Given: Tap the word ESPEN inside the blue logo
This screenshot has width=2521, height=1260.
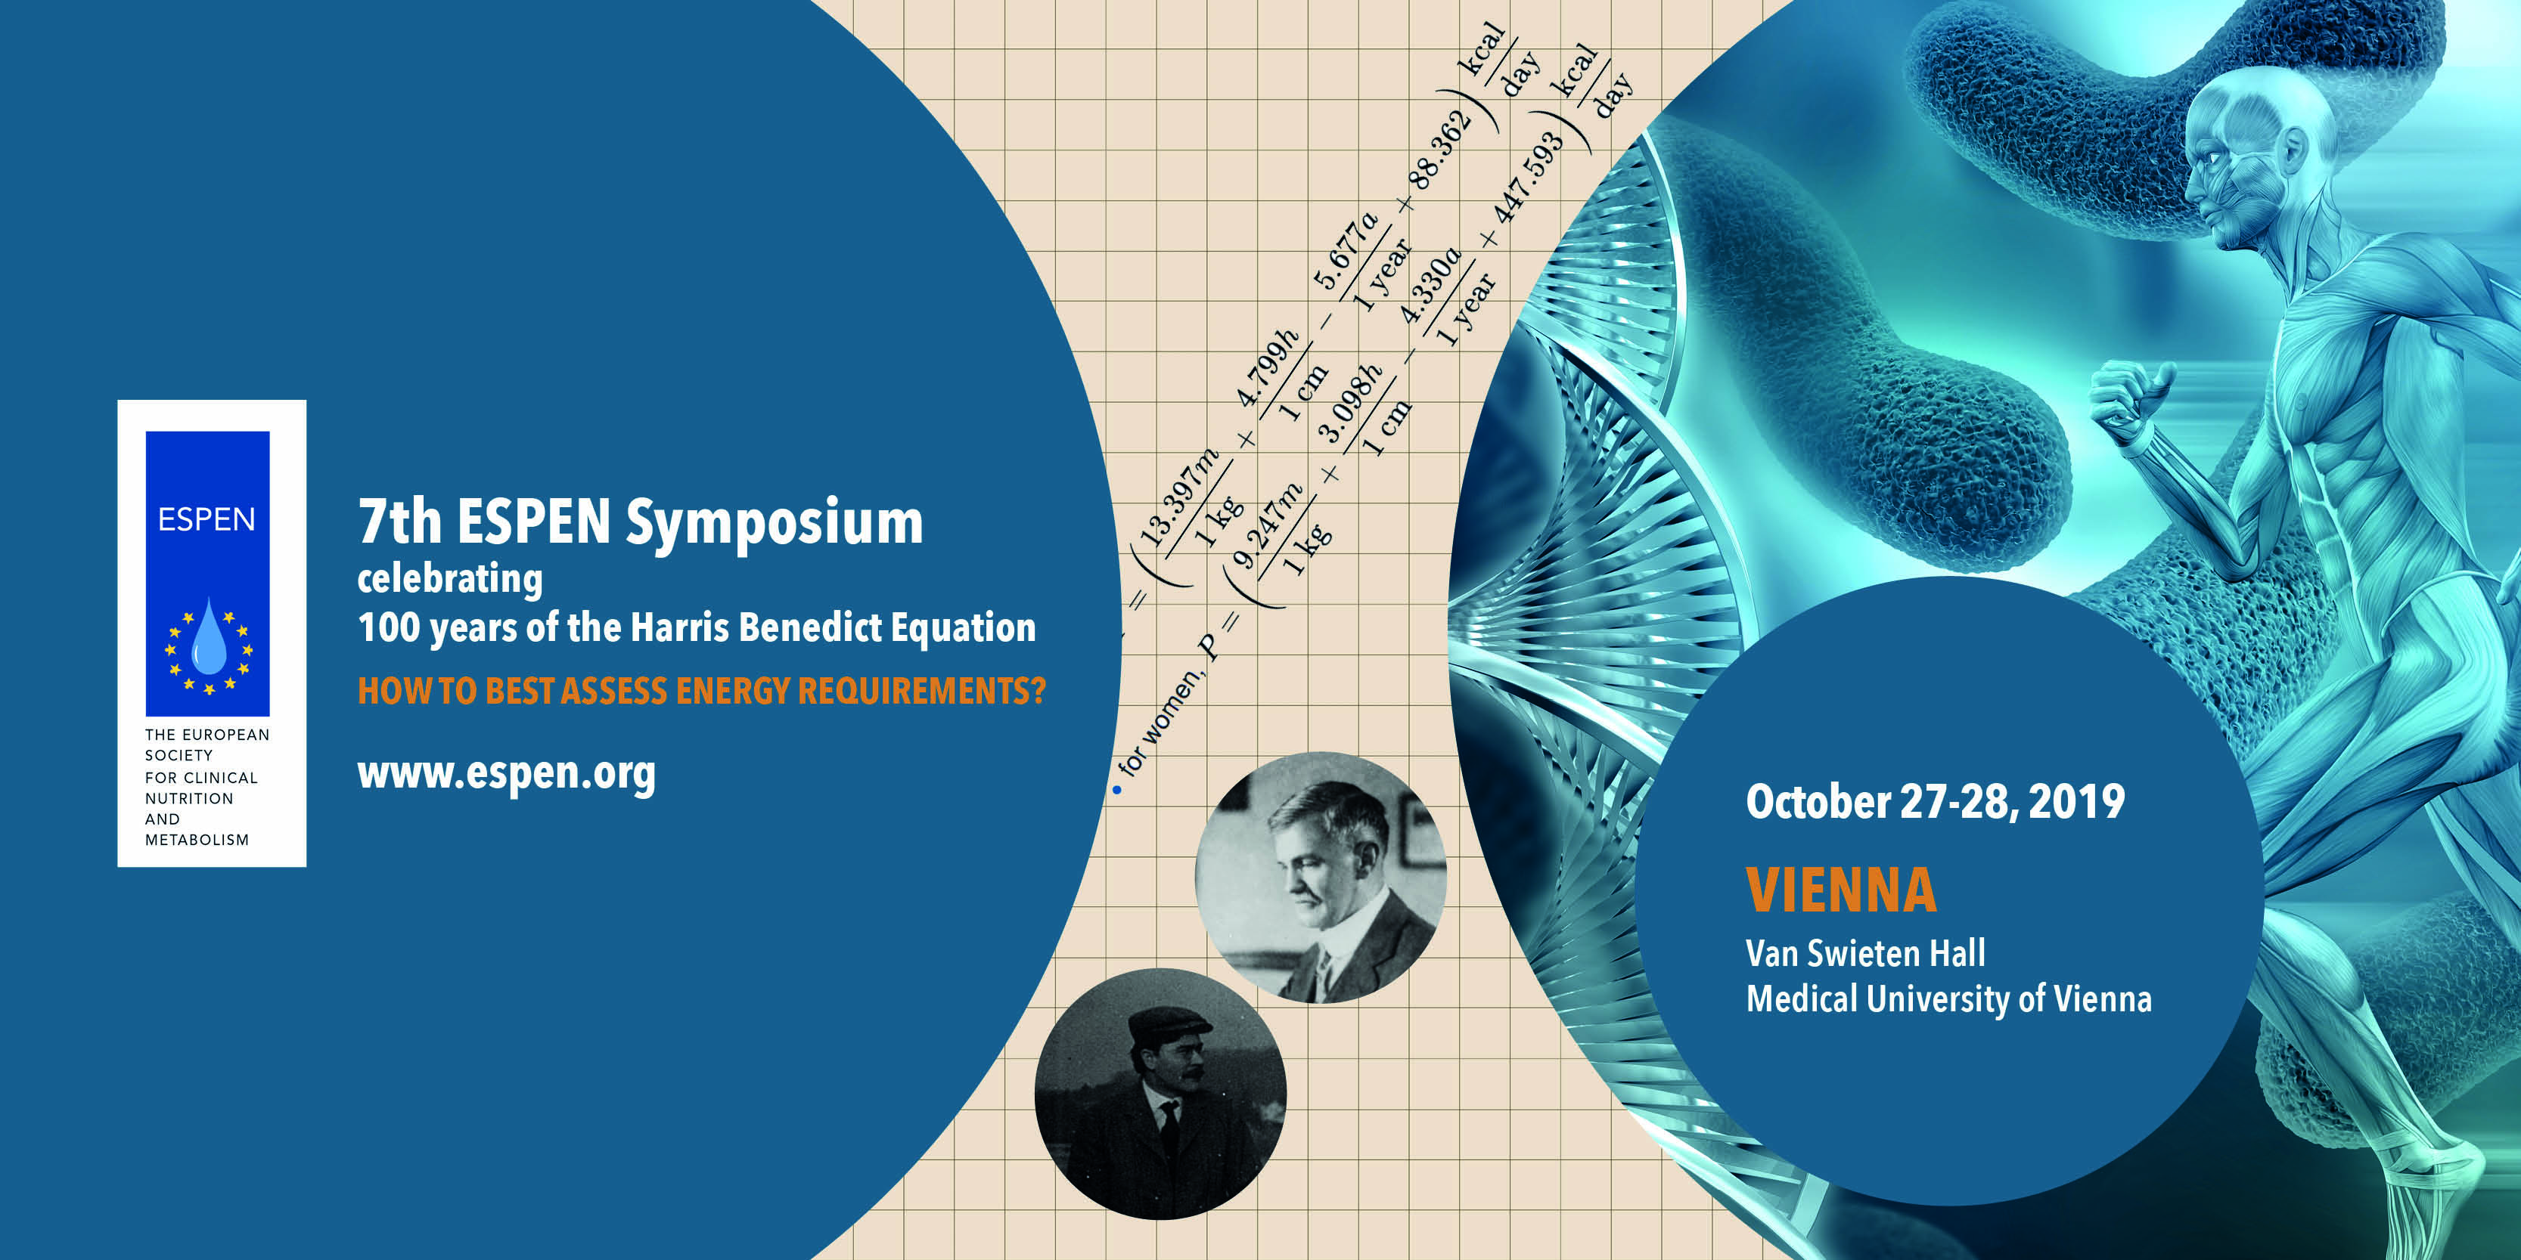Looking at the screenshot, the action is [206, 519].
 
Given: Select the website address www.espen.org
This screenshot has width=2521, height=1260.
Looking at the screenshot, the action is [506, 775].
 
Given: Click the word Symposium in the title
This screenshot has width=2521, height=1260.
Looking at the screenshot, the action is [774, 523].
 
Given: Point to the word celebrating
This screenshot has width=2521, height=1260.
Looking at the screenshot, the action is [449, 578].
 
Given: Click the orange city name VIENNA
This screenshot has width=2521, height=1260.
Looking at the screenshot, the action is [1841, 890].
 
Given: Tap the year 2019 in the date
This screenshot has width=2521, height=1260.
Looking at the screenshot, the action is [2075, 801].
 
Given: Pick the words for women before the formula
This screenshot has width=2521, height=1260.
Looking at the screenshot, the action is [1158, 724].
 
